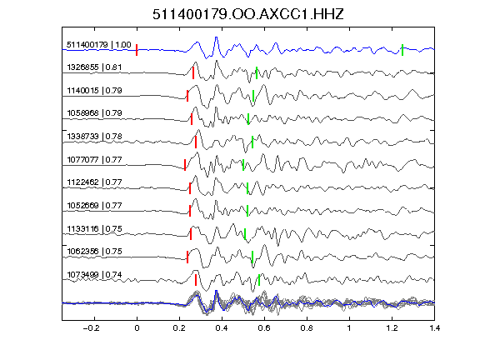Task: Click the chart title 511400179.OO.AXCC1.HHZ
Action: point(248,14)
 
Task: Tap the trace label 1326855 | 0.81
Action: point(94,67)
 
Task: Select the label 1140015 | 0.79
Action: point(94,91)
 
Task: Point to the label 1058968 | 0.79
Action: point(94,113)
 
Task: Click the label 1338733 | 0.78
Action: point(94,136)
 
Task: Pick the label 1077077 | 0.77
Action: point(94,159)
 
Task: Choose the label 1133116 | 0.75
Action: point(94,228)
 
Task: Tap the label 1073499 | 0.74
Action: point(94,275)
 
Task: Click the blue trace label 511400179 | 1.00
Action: point(99,45)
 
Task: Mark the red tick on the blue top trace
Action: point(137,50)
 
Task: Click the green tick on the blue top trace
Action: point(402,50)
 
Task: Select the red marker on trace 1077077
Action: point(185,165)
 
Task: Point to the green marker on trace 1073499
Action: point(259,280)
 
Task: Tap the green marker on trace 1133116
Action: point(245,234)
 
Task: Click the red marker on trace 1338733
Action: point(196,142)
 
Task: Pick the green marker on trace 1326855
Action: point(257,72)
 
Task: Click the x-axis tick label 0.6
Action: point(264,328)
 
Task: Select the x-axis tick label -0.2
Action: point(91,328)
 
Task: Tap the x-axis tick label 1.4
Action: point(434,328)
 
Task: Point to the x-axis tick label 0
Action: point(137,328)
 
